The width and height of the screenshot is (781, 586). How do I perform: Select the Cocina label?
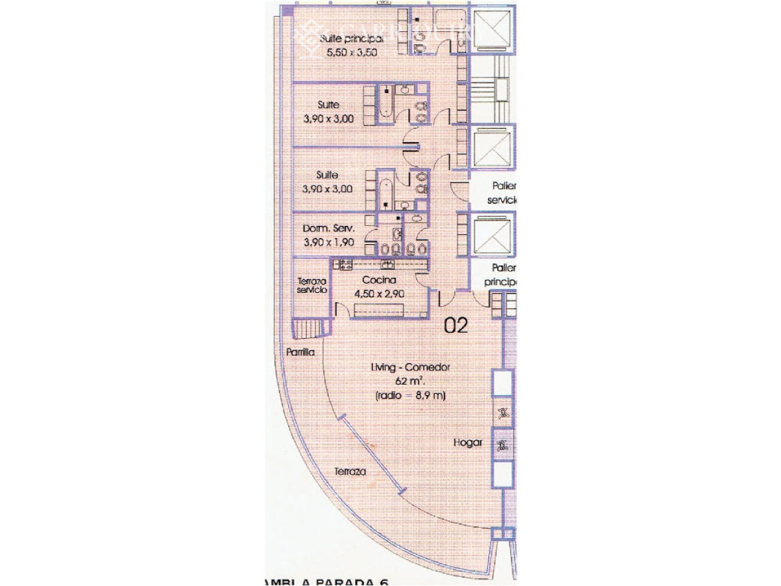(x=379, y=280)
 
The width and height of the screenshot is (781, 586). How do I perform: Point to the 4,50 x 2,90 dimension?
(x=379, y=294)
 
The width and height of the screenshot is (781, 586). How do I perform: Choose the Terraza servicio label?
(x=312, y=285)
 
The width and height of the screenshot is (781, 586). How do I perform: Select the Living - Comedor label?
(x=410, y=368)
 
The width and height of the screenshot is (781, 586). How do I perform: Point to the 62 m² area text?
(x=409, y=382)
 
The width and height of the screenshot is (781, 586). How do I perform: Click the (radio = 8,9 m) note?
(x=410, y=395)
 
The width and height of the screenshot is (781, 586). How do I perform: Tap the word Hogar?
(x=468, y=443)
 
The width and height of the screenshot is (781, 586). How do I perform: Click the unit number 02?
(x=456, y=326)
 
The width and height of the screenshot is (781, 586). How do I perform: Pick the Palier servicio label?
(x=502, y=192)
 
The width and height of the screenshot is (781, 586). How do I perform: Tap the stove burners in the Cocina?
(x=343, y=264)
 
